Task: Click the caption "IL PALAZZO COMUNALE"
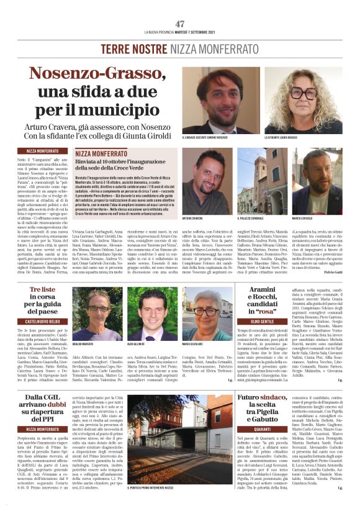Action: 250,219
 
